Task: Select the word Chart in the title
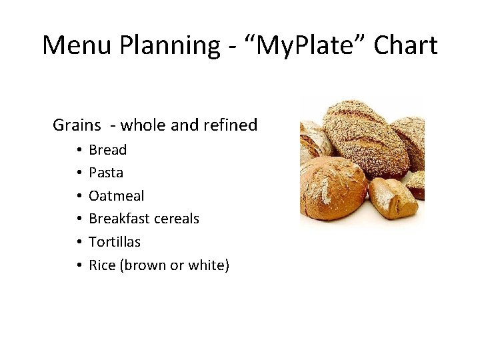405,45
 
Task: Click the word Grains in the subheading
77,125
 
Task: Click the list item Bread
107,149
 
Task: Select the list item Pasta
106,173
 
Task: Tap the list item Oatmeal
116,196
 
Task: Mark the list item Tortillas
115,242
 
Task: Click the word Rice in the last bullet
102,265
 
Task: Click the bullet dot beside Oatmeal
78,196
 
